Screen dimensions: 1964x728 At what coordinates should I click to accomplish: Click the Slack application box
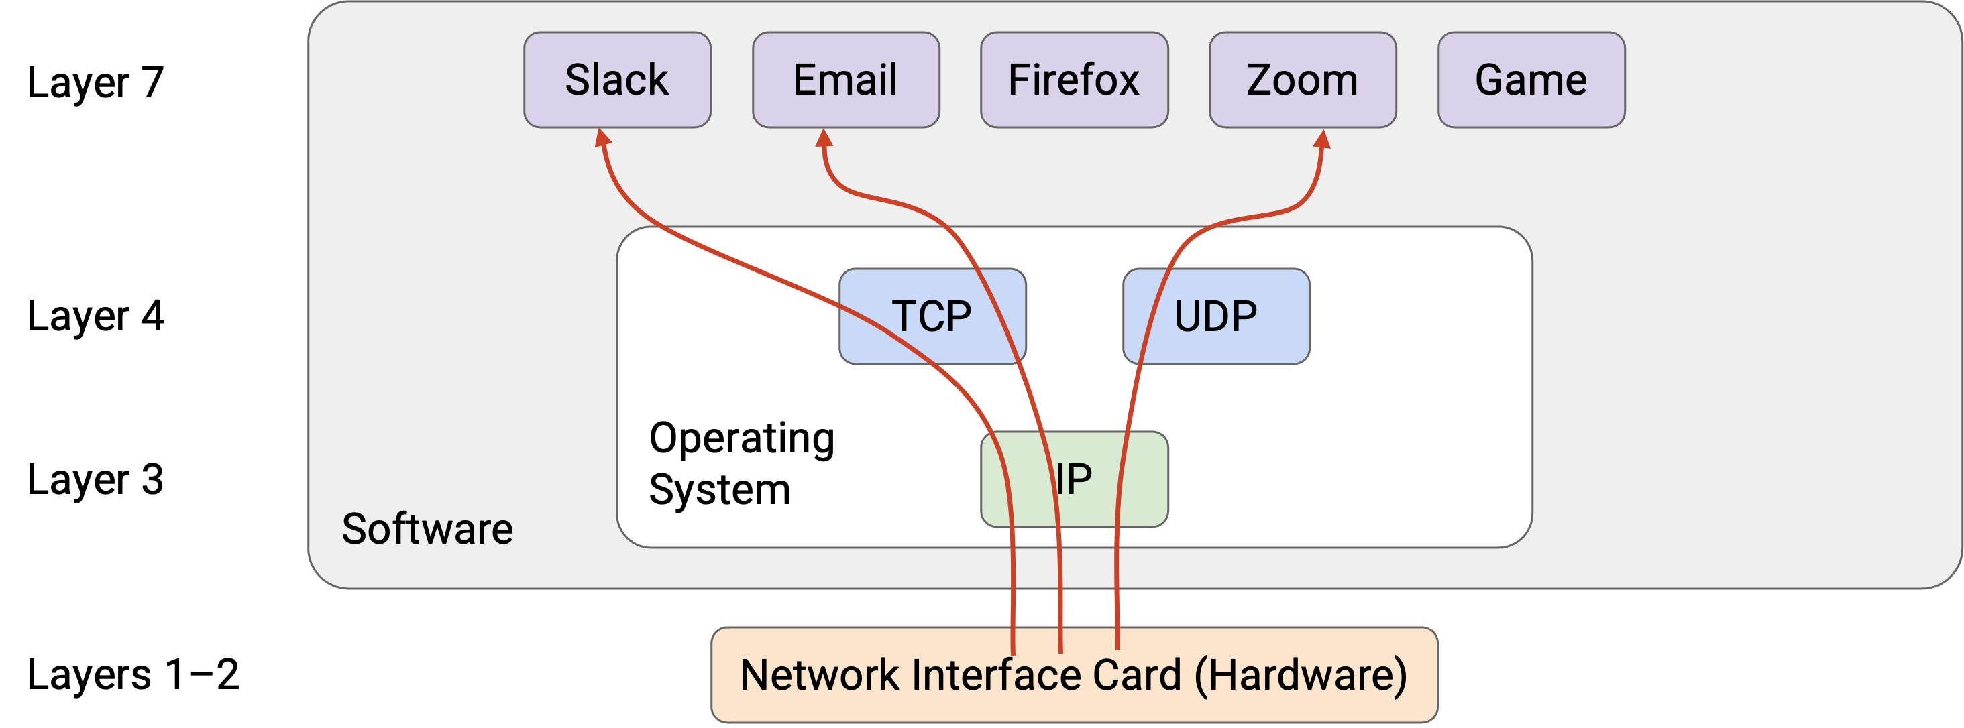pyautogui.click(x=617, y=79)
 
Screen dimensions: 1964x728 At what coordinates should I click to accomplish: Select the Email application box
pyautogui.click(x=846, y=79)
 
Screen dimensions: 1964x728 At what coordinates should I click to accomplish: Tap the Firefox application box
pyautogui.click(x=1075, y=79)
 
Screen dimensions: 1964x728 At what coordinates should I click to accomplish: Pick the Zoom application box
pyautogui.click(x=1303, y=79)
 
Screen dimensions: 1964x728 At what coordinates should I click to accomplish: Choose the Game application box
pyautogui.click(x=1532, y=79)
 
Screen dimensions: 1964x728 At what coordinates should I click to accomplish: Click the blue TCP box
pyautogui.click(x=932, y=316)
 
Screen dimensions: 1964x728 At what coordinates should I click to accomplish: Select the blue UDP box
pyautogui.click(x=1216, y=316)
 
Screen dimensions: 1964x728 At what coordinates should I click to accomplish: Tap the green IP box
pyautogui.click(x=1075, y=479)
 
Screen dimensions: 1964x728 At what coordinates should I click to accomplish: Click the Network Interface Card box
pyautogui.click(x=1075, y=674)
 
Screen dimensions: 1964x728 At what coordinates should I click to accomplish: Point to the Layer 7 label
pyautogui.click(x=95, y=82)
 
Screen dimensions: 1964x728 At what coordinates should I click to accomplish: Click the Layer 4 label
pyautogui.click(x=95, y=316)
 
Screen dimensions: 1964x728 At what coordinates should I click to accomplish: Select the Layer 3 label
pyautogui.click(x=95, y=479)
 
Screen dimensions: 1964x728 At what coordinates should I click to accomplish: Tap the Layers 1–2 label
pyautogui.click(x=133, y=674)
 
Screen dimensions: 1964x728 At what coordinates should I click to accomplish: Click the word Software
pyautogui.click(x=427, y=528)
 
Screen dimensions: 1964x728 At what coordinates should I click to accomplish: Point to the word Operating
pyautogui.click(x=742, y=439)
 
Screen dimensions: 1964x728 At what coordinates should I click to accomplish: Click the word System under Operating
pyautogui.click(x=720, y=489)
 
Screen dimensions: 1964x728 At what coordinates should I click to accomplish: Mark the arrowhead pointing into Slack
pyautogui.click(x=602, y=137)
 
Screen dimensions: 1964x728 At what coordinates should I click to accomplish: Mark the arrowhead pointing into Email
pyautogui.click(x=824, y=137)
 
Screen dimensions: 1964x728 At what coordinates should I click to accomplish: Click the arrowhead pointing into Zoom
pyautogui.click(x=1323, y=139)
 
